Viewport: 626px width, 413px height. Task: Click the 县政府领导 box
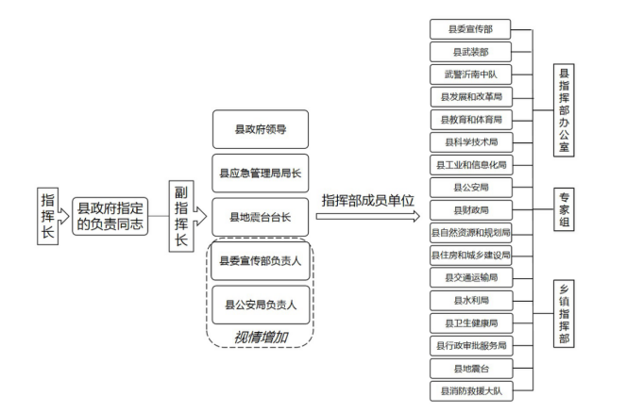(261, 129)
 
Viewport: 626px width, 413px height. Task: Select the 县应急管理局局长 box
(261, 173)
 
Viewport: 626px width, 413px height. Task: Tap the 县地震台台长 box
(261, 217)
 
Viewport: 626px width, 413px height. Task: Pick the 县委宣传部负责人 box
(261, 260)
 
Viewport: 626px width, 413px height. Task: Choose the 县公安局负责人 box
(261, 305)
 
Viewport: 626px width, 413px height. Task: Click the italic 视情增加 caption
(261, 338)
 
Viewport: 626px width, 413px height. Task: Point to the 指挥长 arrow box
(52, 216)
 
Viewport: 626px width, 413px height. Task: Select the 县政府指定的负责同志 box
(110, 216)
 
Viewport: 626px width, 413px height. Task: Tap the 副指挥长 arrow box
(187, 216)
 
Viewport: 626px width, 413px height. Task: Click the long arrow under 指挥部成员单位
(367, 217)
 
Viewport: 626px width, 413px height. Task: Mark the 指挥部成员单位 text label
(367, 200)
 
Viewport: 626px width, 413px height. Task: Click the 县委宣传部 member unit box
(470, 29)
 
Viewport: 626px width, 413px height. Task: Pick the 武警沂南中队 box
(471, 74)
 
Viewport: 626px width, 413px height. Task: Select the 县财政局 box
(471, 210)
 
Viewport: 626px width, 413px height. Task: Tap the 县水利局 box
(471, 300)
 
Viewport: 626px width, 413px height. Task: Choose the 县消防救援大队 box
(471, 390)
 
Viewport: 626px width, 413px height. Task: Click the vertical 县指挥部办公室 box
(564, 110)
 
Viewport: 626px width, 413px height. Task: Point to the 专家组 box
(564, 209)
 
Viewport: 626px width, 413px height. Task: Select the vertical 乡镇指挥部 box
(564, 313)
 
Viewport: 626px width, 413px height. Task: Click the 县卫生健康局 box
(471, 322)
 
